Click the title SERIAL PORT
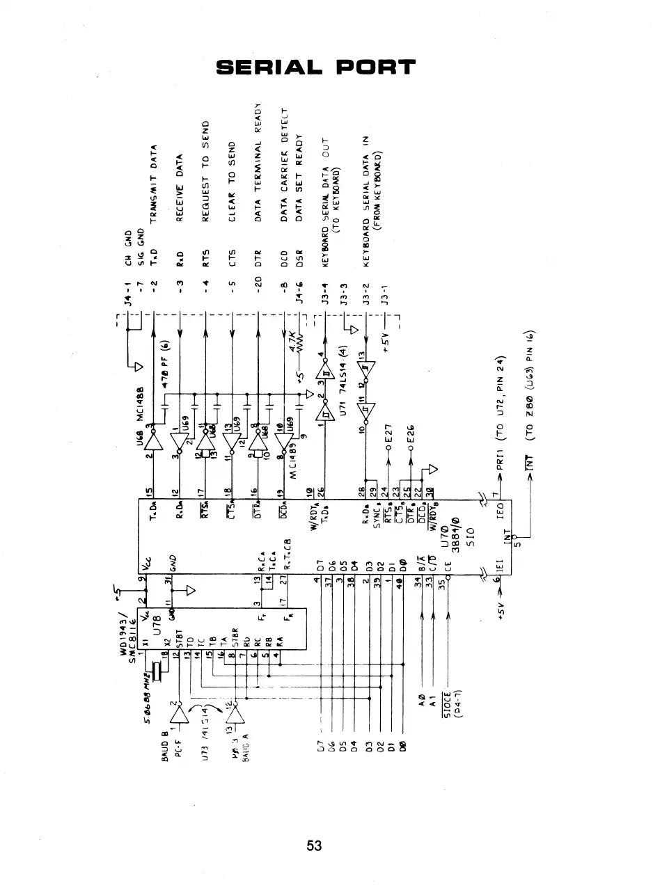(315, 67)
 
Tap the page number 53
(314, 846)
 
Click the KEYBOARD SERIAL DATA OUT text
(328, 188)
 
